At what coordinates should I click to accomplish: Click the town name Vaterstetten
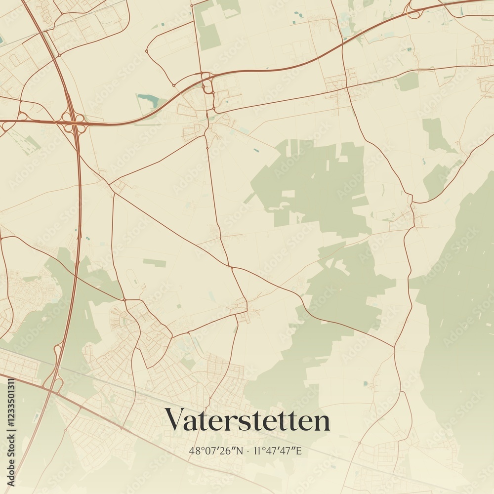(247, 420)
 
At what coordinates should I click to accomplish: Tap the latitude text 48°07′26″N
(216, 451)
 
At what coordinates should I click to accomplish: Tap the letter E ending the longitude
(299, 451)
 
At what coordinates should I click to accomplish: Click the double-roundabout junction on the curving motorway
(208, 89)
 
